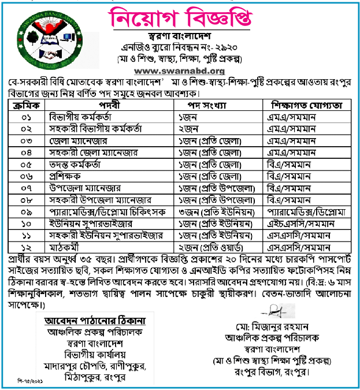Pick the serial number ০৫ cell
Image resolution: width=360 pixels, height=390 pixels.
click(x=25, y=164)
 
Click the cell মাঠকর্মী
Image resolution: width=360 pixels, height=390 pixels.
click(x=65, y=247)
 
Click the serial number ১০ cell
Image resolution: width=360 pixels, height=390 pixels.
click(x=25, y=224)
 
